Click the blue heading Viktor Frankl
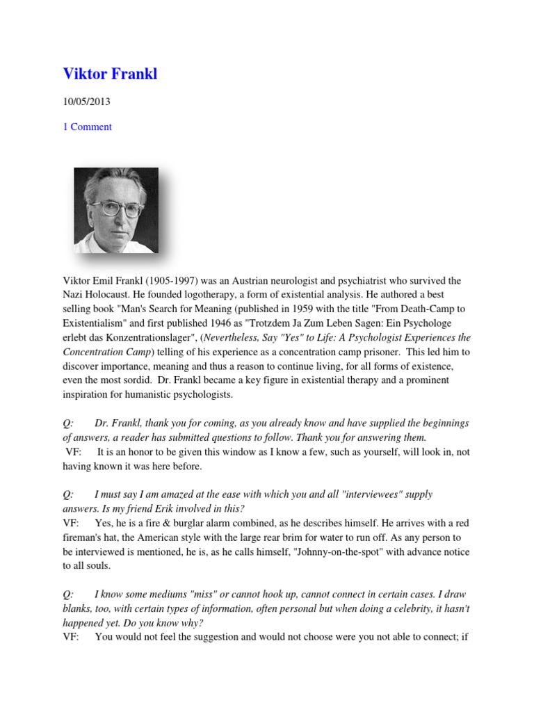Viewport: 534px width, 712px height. point(110,74)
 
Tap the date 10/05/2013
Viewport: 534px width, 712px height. point(86,102)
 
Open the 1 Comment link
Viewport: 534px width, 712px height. point(87,127)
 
